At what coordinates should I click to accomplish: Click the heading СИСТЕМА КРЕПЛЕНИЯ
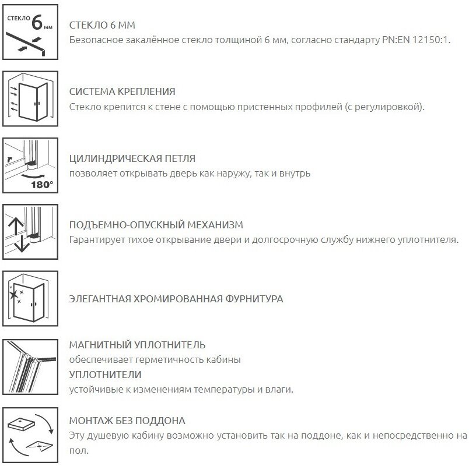pos(122,92)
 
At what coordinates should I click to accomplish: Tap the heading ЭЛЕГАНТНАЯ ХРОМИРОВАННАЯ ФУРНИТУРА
pos(176,299)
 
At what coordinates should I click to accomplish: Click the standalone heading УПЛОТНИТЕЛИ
pos(105,375)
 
